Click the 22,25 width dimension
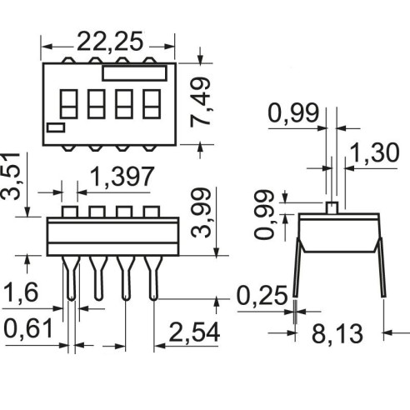pyautogui.click(x=110, y=42)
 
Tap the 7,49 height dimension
pyautogui.click(x=201, y=102)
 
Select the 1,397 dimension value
pyautogui.click(x=122, y=177)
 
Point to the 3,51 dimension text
pyautogui.click(x=10, y=177)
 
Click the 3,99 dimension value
pyautogui.click(x=202, y=212)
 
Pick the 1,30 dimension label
pyautogui.click(x=374, y=152)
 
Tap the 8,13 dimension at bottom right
pyautogui.click(x=337, y=333)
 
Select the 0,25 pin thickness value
pyautogui.click(x=262, y=296)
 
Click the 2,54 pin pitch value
pyautogui.click(x=194, y=332)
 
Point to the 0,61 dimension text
pyautogui.click(x=28, y=328)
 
